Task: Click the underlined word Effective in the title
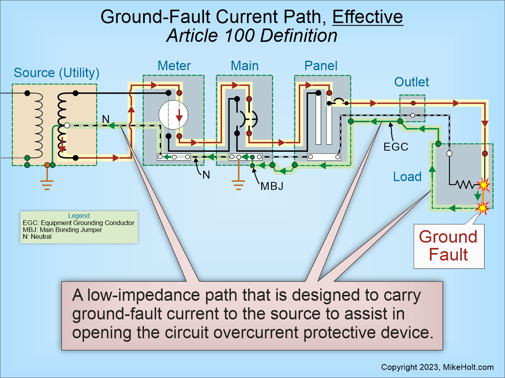367,17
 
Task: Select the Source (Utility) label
56,73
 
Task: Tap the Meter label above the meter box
174,66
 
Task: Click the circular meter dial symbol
174,115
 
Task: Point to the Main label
245,66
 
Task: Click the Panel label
321,66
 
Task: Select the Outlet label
411,82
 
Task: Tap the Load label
407,177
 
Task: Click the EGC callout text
396,147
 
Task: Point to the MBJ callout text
272,186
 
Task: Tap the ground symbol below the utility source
47,184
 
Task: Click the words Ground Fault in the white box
448,246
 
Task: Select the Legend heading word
79,216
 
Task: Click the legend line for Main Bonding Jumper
62,230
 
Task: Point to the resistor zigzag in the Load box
466,184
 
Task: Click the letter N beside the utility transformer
106,119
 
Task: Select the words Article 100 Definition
252,36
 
